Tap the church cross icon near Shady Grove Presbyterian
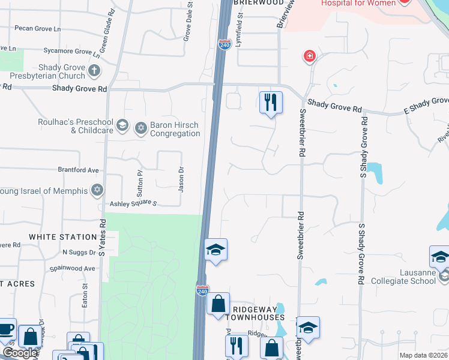point(94,71)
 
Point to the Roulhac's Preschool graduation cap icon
point(122,125)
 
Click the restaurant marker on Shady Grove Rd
point(271,102)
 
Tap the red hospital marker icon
point(310,56)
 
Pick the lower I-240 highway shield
point(203,290)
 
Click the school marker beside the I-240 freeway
point(215,250)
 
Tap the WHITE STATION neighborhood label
point(63,237)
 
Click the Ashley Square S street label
point(133,204)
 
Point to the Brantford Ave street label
point(78,170)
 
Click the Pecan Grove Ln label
point(39,28)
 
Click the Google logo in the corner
point(20,353)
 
